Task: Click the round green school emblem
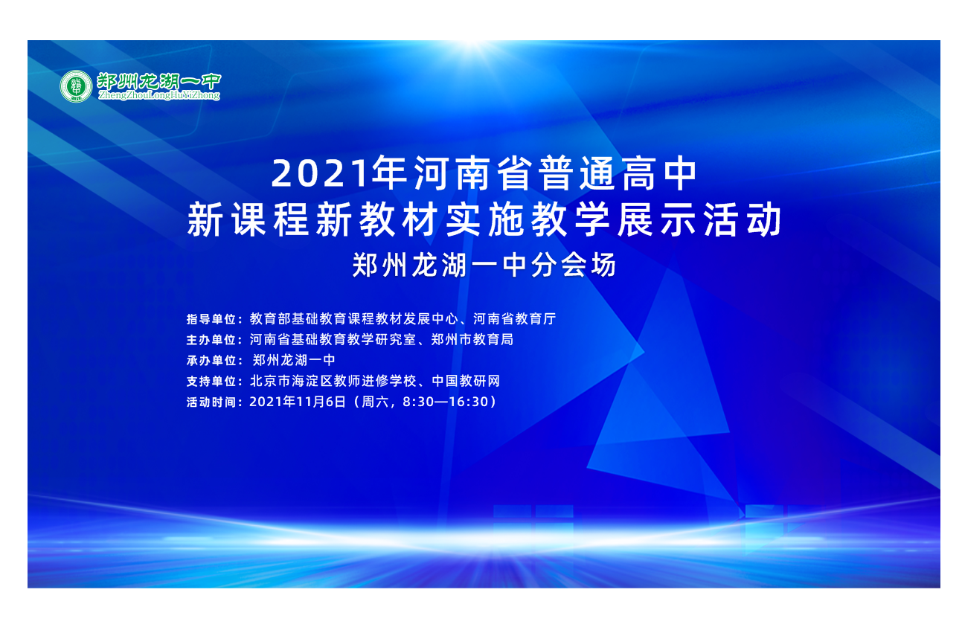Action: [x=76, y=86]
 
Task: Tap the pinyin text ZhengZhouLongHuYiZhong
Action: [x=159, y=95]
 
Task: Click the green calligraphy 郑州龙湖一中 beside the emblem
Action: [x=159, y=81]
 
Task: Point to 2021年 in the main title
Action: [x=339, y=173]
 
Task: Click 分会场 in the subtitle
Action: [x=574, y=265]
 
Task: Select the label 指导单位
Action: [x=211, y=319]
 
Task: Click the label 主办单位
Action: [x=211, y=340]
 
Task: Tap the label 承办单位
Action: [x=211, y=360]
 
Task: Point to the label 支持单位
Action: [x=211, y=381]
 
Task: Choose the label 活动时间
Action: [x=211, y=402]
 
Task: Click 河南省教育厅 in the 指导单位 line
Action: [x=515, y=318]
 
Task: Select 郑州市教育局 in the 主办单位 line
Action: [x=472, y=339]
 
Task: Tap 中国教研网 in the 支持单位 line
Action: [x=466, y=381]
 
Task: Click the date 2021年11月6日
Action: [x=298, y=402]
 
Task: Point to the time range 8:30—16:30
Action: [x=446, y=402]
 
